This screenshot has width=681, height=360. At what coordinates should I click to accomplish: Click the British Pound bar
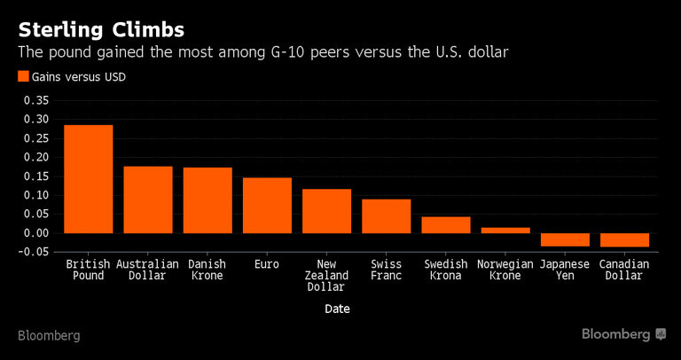(88, 179)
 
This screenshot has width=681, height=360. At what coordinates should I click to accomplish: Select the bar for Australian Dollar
(148, 200)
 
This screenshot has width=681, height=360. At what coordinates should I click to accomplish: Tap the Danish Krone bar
(207, 200)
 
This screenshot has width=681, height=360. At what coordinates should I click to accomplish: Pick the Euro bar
(267, 206)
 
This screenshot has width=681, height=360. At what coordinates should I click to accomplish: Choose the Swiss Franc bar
(386, 216)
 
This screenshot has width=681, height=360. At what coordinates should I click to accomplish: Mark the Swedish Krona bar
(445, 224)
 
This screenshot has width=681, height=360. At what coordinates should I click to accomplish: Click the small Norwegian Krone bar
(505, 230)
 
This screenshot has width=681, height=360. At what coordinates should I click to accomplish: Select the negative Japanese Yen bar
(565, 239)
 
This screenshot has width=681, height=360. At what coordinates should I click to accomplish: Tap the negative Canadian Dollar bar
(624, 239)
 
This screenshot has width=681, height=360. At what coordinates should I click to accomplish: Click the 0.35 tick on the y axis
(37, 100)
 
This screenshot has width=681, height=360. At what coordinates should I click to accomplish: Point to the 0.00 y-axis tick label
(37, 233)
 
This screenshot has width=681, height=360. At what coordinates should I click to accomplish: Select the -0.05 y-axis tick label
(35, 252)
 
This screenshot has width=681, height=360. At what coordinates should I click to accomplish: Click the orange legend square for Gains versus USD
(23, 77)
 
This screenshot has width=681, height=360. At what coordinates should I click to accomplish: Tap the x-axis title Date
(336, 309)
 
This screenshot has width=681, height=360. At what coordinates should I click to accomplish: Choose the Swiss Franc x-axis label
(386, 270)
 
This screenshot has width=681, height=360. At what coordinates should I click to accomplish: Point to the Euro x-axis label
(267, 264)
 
